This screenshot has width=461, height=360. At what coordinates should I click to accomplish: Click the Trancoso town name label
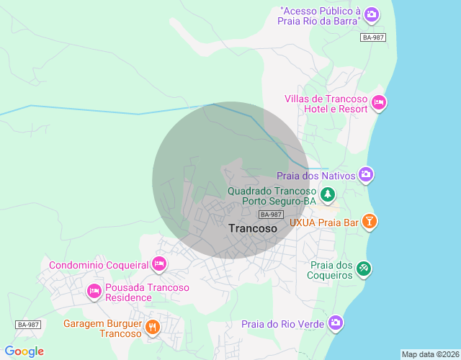pos(252,228)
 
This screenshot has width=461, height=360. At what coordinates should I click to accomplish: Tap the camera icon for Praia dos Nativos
pos(366,175)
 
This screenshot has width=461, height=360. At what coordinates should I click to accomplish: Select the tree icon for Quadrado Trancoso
pos(327,194)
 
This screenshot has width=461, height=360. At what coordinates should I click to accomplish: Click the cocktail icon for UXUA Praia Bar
pos(369,222)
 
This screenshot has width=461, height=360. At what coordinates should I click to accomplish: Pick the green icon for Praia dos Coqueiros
pos(364,269)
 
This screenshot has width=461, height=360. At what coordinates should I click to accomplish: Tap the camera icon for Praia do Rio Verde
pos(335,323)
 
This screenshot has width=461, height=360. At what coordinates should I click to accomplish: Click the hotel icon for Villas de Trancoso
pos(379,104)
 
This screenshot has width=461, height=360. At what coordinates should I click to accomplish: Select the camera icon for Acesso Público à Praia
pos(371,14)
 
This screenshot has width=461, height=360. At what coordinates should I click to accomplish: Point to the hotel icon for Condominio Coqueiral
pos(159,265)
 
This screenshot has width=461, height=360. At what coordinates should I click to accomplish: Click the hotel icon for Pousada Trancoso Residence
pos(94,292)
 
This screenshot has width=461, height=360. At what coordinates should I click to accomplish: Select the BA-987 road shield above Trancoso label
pos(270,215)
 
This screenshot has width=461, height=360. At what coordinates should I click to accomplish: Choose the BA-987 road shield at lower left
pos(27,325)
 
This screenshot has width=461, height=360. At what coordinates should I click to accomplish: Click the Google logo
pos(24,351)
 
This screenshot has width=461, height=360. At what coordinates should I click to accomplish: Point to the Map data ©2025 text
pos(430,354)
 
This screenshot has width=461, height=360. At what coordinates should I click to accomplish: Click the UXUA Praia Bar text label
pos(323,222)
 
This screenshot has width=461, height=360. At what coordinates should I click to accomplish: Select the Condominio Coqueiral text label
pos(99,265)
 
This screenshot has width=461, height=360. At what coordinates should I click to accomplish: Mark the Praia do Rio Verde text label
pos(282,324)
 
